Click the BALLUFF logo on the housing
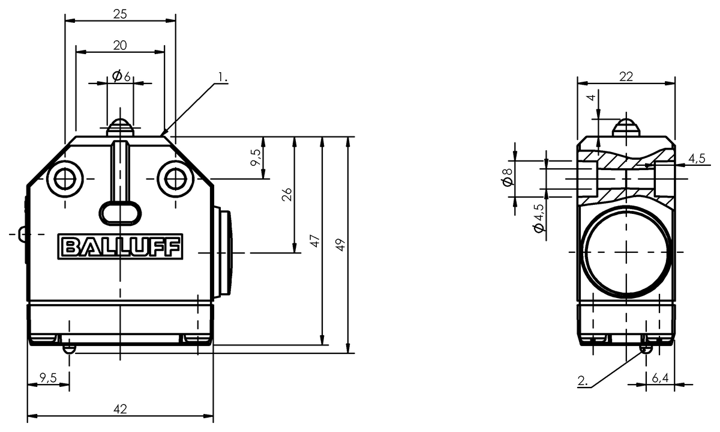point(121,247)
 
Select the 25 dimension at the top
point(120,14)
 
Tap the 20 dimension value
point(120,45)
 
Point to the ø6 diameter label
point(121,76)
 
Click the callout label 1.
point(223,77)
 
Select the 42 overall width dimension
point(121,409)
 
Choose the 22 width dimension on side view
point(626,76)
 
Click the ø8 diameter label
point(508,178)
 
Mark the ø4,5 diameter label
point(538,219)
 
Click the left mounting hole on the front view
point(64,178)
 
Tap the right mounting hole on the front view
point(175,178)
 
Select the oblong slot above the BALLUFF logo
point(120,211)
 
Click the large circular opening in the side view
point(626,251)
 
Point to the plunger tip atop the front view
point(120,127)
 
